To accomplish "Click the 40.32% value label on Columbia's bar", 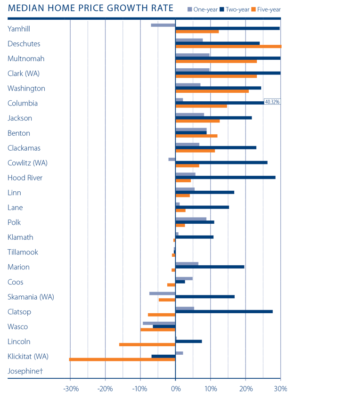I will pos(272,101).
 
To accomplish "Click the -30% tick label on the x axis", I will pos(70,389).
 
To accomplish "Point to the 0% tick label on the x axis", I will pos(175,389).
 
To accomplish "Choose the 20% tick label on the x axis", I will pos(245,389).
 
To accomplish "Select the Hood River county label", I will pos(25,178).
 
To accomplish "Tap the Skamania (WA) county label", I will pos(31,297).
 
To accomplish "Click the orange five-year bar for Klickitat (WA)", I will pos(122,359).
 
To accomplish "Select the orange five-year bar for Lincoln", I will pos(147,344).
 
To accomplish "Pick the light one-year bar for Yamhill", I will pos(163,25).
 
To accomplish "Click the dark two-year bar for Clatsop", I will pos(224,311).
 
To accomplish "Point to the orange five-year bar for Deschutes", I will pos(228,47).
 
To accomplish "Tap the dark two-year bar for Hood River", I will pos(225,178).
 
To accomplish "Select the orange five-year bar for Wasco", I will pos(158,330).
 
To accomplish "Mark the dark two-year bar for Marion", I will pos(210,267).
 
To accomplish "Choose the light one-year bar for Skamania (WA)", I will pos(162,293).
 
